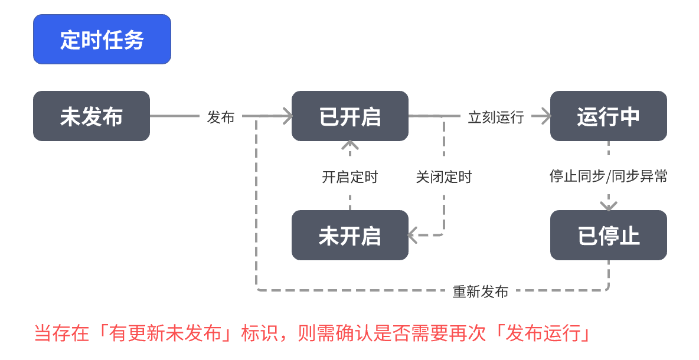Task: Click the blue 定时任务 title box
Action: tap(102, 40)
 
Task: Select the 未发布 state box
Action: tap(92, 116)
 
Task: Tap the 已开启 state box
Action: tap(349, 116)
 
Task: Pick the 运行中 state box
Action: tap(608, 116)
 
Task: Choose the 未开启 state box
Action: tap(349, 235)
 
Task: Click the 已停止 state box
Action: tap(608, 235)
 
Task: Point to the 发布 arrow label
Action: tap(221, 117)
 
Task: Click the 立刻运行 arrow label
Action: tap(496, 117)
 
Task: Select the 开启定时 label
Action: tap(349, 177)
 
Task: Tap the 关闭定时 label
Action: tap(444, 177)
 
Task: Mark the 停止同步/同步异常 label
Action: tap(608, 176)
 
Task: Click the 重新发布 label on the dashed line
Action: tap(480, 292)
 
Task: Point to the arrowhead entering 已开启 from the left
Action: tap(287, 116)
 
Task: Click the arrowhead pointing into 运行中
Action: tap(545, 116)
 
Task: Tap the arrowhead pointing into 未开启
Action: tap(414, 235)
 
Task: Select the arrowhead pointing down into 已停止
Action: tap(608, 206)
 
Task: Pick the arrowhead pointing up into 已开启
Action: tap(350, 145)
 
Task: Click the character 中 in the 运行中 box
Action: tap(629, 116)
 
